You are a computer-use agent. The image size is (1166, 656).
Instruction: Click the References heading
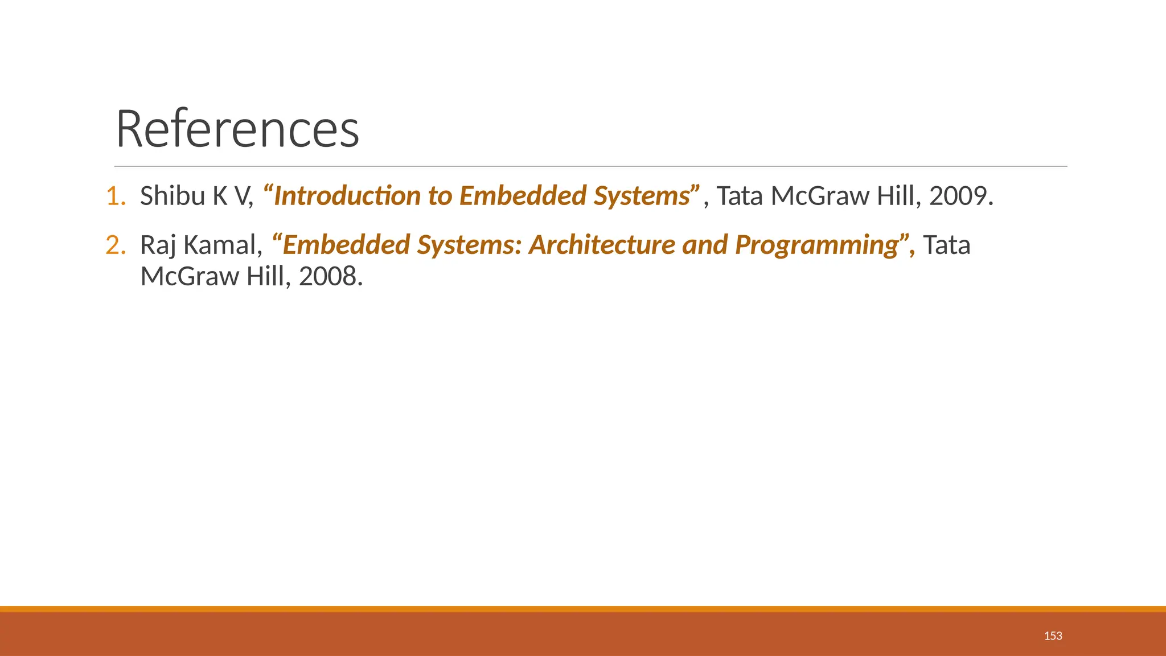coord(237,129)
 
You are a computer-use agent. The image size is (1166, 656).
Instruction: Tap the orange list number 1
coord(115,196)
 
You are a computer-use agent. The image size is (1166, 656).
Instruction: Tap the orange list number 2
coord(115,245)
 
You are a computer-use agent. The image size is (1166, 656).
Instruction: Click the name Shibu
coord(173,196)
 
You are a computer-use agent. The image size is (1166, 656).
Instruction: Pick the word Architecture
coord(601,245)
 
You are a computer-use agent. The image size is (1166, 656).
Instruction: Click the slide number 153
coord(1053,636)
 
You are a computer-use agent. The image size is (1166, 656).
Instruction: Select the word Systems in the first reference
coord(642,197)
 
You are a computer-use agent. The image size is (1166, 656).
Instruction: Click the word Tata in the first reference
coord(739,196)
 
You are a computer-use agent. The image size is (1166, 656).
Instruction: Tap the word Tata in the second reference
coord(946,245)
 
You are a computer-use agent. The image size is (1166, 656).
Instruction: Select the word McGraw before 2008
coord(190,277)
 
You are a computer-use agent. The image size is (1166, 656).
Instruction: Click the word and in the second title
coord(705,245)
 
